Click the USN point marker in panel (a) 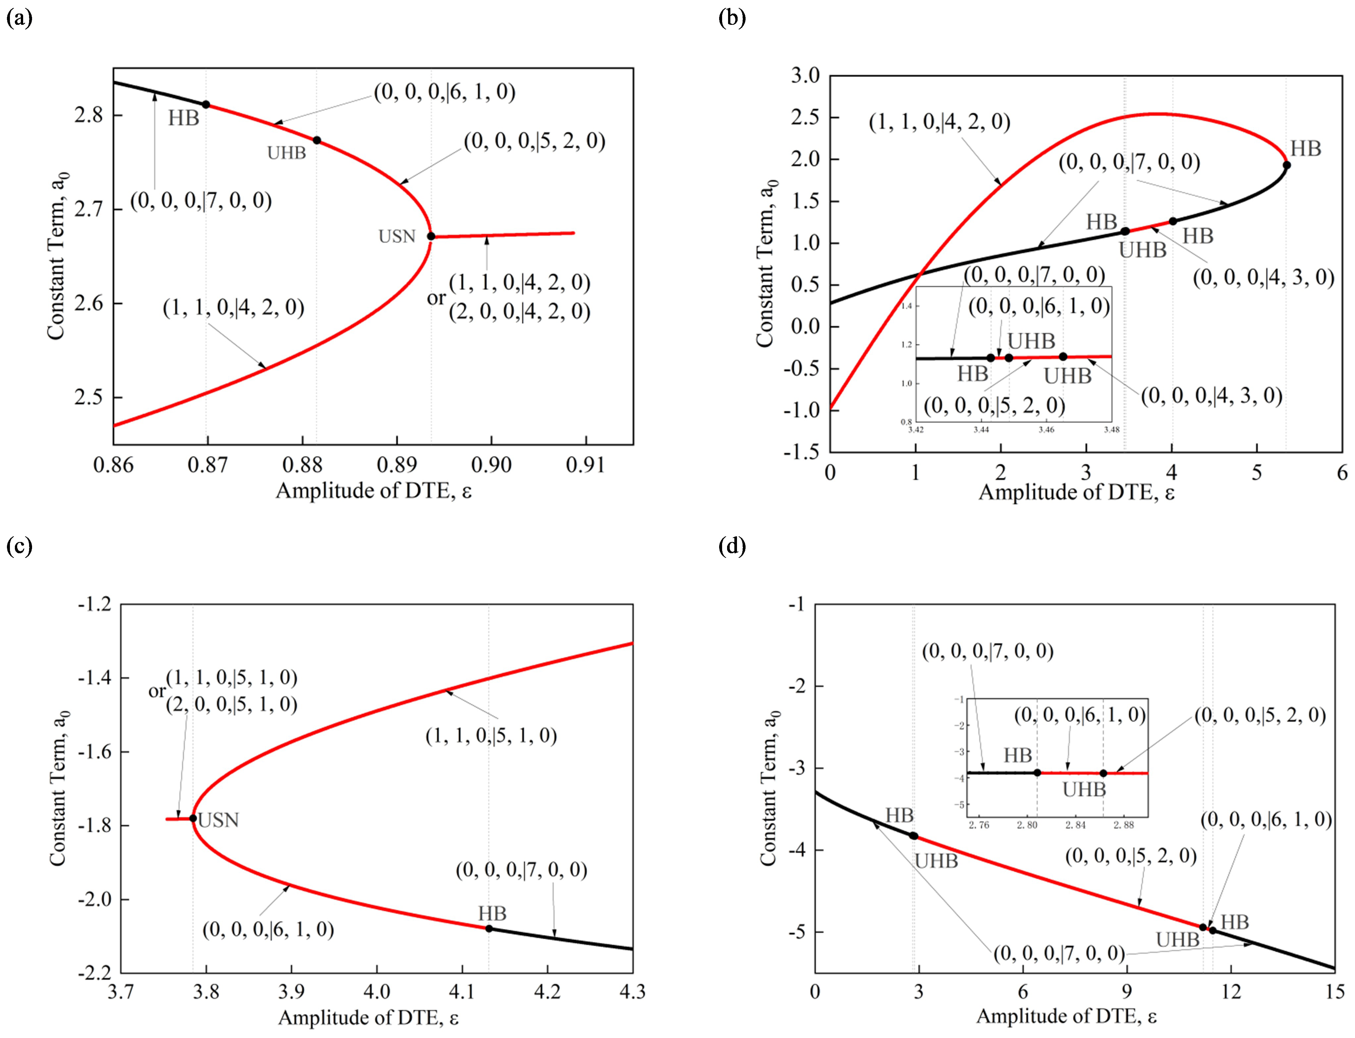pyautogui.click(x=431, y=236)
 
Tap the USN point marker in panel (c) pyautogui.click(x=193, y=818)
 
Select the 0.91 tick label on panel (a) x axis pyautogui.click(x=585, y=465)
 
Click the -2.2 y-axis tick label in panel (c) pyautogui.click(x=95, y=973)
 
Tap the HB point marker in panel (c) pyautogui.click(x=489, y=928)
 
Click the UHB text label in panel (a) pyautogui.click(x=287, y=153)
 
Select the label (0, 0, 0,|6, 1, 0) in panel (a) pyautogui.click(x=444, y=92)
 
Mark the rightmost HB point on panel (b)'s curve pyautogui.click(x=1287, y=165)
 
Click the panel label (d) pyautogui.click(x=732, y=546)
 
